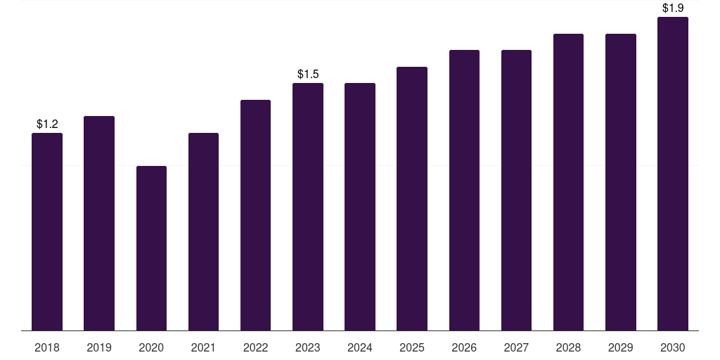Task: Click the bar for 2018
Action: (x=47, y=231)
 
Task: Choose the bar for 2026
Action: (x=464, y=190)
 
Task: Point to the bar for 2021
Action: (x=203, y=231)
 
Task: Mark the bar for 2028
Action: (x=568, y=182)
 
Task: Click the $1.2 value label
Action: (x=47, y=124)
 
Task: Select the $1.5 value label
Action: (x=308, y=74)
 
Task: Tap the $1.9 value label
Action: (x=673, y=8)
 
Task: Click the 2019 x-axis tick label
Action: (x=99, y=347)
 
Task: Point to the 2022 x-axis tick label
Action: (x=256, y=347)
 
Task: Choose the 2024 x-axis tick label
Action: (x=360, y=347)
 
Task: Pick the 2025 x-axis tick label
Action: (x=412, y=347)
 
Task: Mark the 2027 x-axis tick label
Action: (x=516, y=347)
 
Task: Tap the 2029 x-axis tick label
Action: (x=621, y=347)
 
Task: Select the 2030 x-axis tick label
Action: (x=673, y=347)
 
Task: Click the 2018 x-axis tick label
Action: (x=47, y=347)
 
